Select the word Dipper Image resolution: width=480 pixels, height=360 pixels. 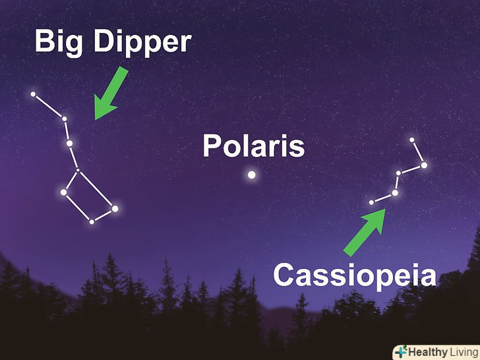142,43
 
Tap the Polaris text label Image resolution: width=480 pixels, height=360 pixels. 254,146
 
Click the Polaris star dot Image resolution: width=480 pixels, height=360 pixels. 252,175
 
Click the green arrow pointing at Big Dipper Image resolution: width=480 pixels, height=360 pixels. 110,94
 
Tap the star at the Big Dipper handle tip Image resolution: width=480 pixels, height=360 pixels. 33,94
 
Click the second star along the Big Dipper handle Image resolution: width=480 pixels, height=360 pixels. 65,119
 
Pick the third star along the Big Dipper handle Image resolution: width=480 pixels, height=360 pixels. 69,143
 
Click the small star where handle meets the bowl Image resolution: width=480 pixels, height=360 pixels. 78,170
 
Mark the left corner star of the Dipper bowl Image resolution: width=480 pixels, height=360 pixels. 63,193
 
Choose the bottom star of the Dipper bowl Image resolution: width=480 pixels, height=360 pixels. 92,222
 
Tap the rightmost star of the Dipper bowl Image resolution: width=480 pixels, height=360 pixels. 115,209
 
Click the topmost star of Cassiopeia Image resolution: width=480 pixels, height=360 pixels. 411,140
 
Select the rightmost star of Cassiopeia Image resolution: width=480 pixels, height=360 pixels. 424,165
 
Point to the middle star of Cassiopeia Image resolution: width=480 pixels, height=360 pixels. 398,173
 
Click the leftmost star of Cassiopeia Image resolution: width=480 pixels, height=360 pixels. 371,202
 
